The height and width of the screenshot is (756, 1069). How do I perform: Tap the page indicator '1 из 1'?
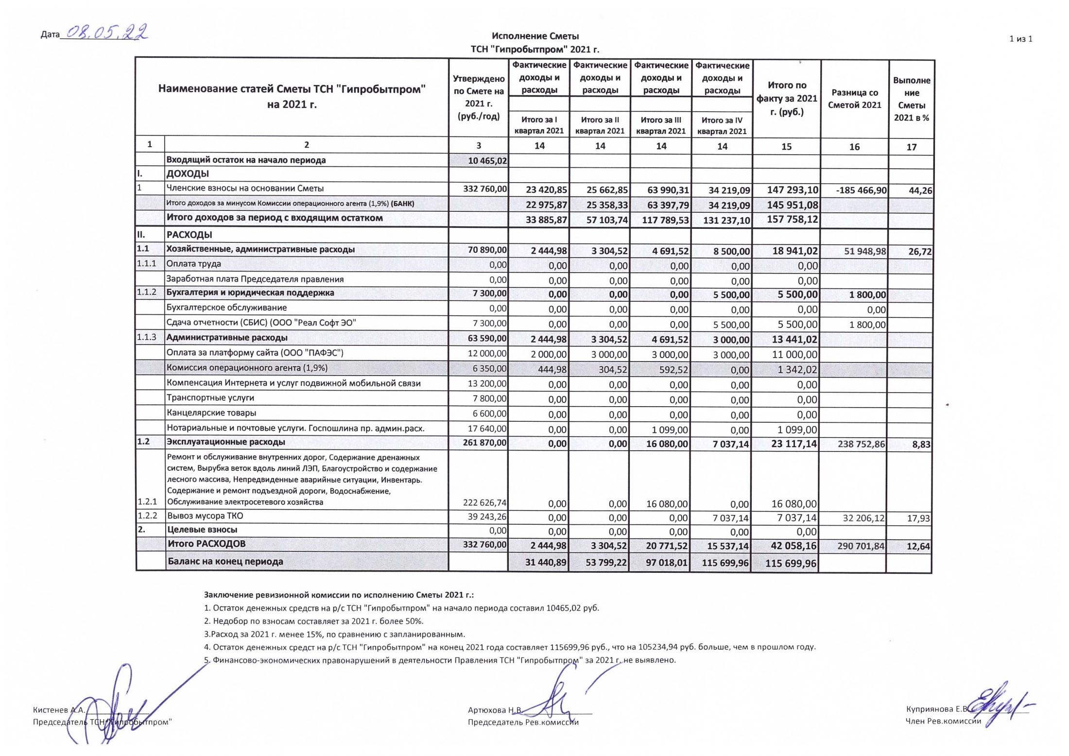pos(1020,39)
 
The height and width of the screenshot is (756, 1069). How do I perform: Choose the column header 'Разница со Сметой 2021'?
pos(855,99)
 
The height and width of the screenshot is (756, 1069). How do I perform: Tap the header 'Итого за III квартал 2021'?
pos(661,125)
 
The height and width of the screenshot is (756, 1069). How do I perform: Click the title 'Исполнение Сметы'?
pos(535,36)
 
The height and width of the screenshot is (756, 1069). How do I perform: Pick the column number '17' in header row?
pos(912,147)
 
